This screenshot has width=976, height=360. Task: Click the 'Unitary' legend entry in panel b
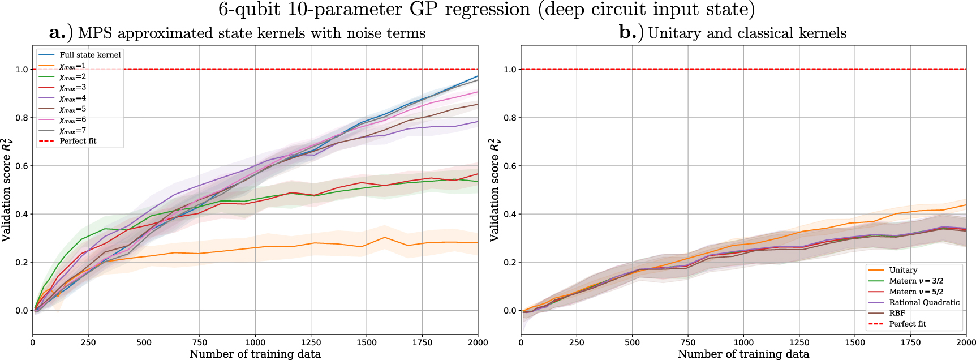pyautogui.click(x=903, y=270)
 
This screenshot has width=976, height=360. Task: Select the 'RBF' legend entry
pyautogui.click(x=897, y=313)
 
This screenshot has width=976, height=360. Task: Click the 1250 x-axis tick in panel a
pyautogui.click(x=311, y=342)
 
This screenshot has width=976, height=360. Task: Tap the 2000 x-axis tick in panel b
pyautogui.click(x=965, y=342)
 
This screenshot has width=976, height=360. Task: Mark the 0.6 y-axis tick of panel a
pyautogui.click(x=21, y=166)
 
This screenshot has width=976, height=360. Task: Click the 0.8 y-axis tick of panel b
pyautogui.click(x=510, y=118)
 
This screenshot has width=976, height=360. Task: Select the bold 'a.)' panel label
pyautogui.click(x=61, y=33)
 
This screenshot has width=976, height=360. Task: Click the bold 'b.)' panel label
pyautogui.click(x=631, y=33)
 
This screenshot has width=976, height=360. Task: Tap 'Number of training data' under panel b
pyautogui.click(x=743, y=354)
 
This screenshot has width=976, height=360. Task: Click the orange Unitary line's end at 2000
pyautogui.click(x=965, y=205)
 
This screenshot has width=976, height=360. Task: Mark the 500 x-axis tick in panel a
pyautogui.click(x=144, y=342)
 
